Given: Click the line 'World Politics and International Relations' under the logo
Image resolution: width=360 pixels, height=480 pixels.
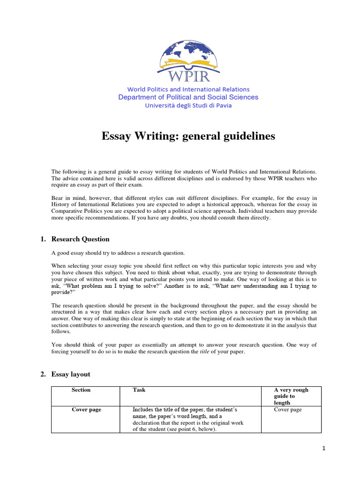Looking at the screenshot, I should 188,89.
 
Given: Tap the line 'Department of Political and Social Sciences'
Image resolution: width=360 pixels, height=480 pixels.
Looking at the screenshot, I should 188,97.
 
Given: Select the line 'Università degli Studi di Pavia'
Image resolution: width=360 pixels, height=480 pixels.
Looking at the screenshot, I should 188,105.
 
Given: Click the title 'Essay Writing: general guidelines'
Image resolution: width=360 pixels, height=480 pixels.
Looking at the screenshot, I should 188,136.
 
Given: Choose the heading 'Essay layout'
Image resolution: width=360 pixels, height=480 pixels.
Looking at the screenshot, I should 71,374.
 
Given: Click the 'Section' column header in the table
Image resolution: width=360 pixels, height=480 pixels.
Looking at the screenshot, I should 81,390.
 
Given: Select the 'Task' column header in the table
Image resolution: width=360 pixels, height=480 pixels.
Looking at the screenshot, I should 139,390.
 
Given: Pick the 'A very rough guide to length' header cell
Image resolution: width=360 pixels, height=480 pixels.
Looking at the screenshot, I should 291,396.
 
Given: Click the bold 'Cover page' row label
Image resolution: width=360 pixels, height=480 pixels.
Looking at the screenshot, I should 86,410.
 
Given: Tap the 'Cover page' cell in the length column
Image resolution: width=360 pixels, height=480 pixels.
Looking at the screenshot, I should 288,410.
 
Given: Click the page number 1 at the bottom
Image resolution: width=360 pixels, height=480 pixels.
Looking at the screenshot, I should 323,448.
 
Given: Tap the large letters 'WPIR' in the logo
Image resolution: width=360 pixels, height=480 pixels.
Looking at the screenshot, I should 188,76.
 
